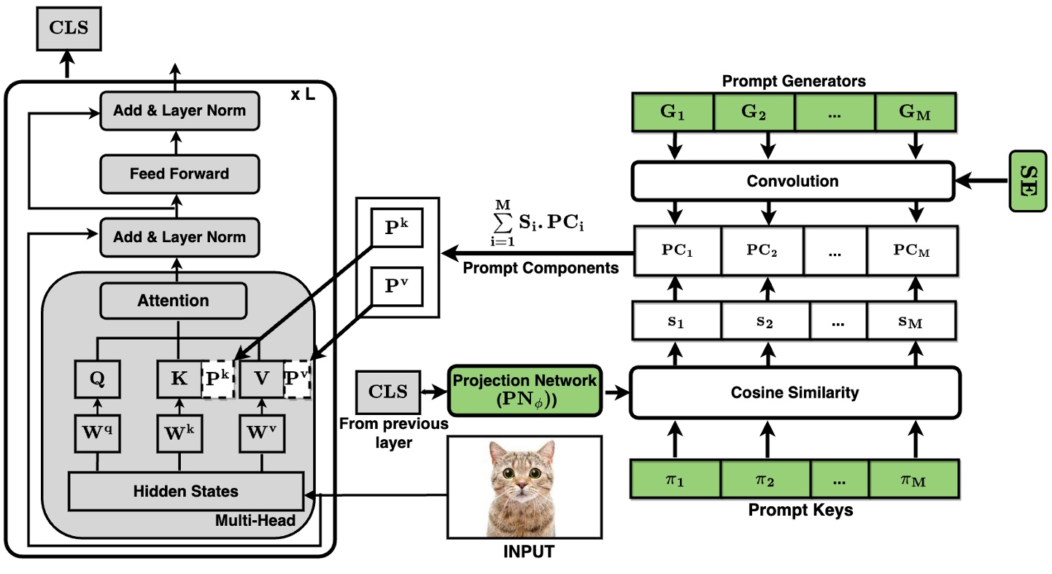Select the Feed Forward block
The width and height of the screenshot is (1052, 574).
tap(179, 174)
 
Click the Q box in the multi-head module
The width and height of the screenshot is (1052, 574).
tap(96, 379)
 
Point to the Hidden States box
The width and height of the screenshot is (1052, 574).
tap(185, 491)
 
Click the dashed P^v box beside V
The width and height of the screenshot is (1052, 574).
tap(297, 379)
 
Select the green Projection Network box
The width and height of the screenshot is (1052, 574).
tap(525, 392)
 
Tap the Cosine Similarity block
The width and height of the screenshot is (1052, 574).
tap(794, 392)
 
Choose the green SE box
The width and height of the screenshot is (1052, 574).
tap(1029, 181)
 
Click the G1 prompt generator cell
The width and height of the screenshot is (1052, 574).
tap(672, 113)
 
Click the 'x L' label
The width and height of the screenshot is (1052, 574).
tap(303, 96)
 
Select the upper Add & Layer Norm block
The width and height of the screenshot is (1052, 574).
tap(179, 111)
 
